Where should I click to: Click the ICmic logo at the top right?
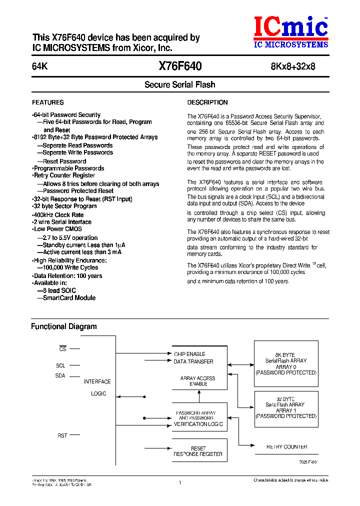point(290,31)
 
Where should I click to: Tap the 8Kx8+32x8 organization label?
point(293,67)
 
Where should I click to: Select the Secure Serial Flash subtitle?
point(179,85)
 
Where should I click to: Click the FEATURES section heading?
point(48,102)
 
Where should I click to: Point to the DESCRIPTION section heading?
point(207,102)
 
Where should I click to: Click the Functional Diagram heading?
point(64,326)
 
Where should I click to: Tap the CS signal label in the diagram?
point(62,349)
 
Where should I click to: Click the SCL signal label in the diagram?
point(60,365)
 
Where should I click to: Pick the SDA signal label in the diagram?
point(60,375)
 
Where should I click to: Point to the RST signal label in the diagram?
point(62,435)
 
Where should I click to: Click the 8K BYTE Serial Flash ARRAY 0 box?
point(285,363)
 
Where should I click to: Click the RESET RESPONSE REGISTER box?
point(198,451)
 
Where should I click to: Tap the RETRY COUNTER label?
point(286,447)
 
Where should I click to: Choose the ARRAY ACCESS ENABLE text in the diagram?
point(198,381)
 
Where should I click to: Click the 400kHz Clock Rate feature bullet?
point(58,215)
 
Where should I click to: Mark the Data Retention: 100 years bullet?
point(67,276)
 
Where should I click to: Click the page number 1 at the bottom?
point(179,482)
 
